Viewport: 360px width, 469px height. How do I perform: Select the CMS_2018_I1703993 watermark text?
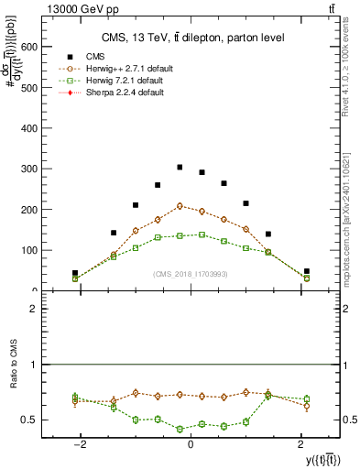(x=190, y=274)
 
